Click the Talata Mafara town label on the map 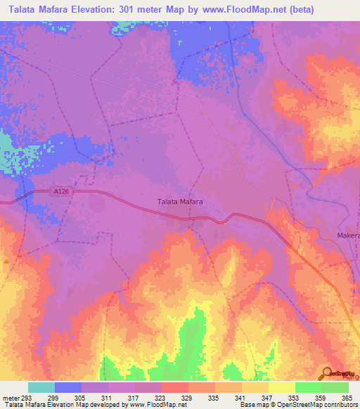point(179,202)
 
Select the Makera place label point(348,235)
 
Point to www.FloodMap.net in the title point(236,10)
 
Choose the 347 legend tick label point(267,398)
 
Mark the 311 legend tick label point(107,398)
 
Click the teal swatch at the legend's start point(41,387)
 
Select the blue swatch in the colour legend point(68,387)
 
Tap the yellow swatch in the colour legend point(282,387)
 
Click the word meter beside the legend point(8,398)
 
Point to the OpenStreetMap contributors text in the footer point(316,405)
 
